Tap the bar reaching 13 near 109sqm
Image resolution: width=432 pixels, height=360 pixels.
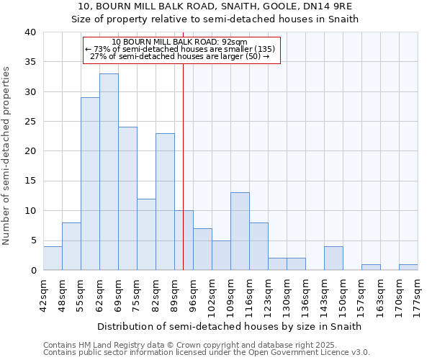[x=240, y=231]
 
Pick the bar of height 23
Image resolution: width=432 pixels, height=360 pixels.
[x=165, y=202]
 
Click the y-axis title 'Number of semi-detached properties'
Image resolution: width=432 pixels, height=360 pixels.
[x=7, y=156]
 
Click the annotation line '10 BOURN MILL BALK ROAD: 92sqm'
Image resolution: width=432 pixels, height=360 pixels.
[x=180, y=42]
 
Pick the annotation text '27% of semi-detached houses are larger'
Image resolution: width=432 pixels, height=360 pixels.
[x=180, y=56]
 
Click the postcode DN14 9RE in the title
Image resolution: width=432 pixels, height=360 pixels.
[x=329, y=6]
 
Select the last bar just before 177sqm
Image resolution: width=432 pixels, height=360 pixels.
[x=408, y=267]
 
